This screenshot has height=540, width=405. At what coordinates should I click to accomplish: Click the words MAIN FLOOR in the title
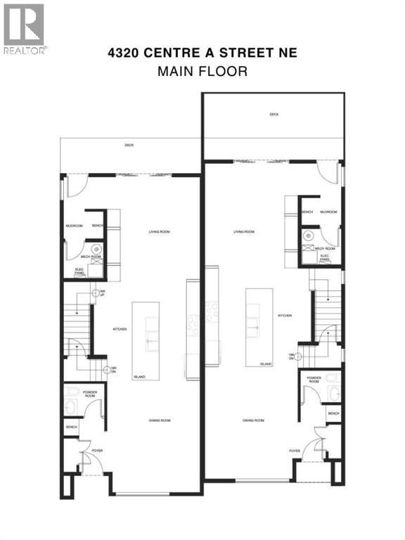(x=202, y=70)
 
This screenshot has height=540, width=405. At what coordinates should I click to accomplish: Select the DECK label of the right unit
(x=273, y=115)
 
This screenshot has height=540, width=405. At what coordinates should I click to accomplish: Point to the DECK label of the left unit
(x=129, y=146)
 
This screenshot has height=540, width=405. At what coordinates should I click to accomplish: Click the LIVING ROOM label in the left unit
(x=159, y=231)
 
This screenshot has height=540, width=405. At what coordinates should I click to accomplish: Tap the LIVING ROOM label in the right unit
(x=244, y=231)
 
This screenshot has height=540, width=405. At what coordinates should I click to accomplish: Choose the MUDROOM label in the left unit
(x=75, y=226)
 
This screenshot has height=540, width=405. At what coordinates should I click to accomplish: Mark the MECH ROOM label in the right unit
(x=324, y=248)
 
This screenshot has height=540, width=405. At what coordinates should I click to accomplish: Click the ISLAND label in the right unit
(x=266, y=364)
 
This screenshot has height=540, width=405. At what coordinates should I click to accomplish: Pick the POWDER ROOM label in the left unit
(x=89, y=394)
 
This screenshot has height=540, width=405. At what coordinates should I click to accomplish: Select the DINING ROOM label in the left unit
(x=160, y=420)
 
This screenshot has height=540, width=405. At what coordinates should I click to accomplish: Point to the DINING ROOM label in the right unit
(x=253, y=420)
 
